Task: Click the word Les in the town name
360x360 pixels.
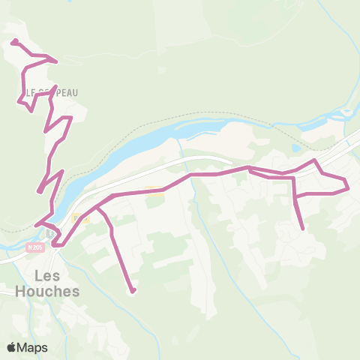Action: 44,275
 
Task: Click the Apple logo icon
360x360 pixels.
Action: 12,347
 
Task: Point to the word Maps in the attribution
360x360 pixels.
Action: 33,347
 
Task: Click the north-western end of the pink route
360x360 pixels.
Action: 13,40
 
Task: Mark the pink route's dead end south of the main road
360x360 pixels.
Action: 133,291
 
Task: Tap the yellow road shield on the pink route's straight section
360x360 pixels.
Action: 154,190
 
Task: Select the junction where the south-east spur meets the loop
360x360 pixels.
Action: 295,196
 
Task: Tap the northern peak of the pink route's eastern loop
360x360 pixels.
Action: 315,160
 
